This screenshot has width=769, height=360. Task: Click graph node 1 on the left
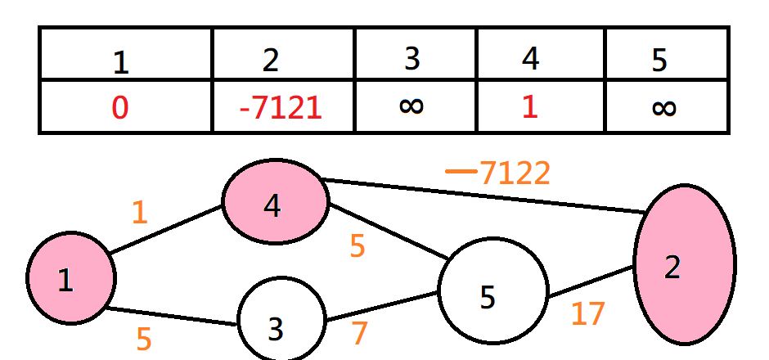coord(70,278)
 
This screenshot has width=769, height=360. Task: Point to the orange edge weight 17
coord(588,314)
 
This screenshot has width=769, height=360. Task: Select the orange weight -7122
coord(498,173)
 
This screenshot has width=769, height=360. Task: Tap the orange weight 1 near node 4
coord(140,213)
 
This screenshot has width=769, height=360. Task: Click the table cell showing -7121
coord(281,107)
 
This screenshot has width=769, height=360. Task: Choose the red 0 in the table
coord(119,107)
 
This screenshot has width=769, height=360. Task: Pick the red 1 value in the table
coord(530,107)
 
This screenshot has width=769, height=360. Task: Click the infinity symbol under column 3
coord(412,106)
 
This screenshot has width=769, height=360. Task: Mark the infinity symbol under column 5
coord(663,107)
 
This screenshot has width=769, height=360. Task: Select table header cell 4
coord(530,59)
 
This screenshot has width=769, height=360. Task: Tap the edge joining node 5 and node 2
coord(591,281)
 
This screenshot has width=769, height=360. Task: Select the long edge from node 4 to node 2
coord(483,196)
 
